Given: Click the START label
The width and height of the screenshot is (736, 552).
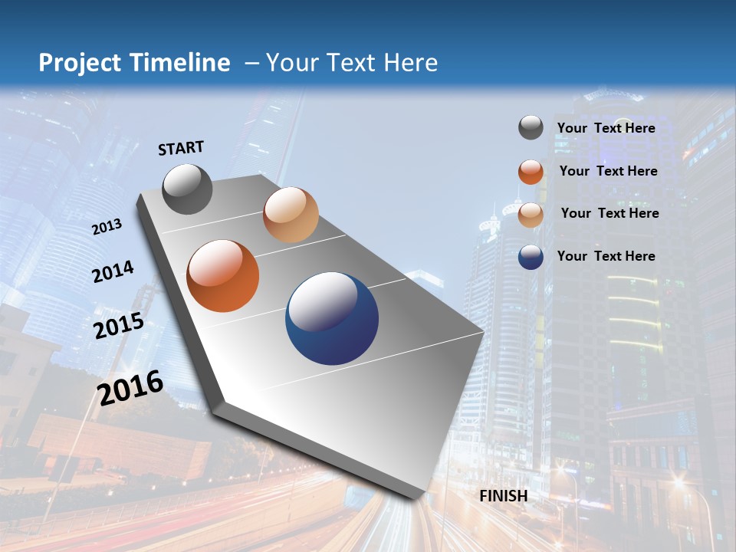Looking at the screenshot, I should tap(181, 148).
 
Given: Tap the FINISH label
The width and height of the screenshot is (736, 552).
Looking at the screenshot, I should tap(503, 496).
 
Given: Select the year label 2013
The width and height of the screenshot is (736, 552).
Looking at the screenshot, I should tap(107, 227).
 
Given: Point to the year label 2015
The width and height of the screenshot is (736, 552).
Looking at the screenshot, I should tap(119, 326).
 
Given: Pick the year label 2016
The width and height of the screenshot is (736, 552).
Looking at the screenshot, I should tap(130, 388).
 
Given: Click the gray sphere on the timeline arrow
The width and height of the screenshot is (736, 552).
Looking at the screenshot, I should tap(187, 189).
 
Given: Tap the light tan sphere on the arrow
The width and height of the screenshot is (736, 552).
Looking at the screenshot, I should tap(291, 215).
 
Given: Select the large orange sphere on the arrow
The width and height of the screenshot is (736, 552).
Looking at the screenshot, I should tap(223, 276).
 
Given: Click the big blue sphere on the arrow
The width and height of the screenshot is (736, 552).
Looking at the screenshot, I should tap(332, 318).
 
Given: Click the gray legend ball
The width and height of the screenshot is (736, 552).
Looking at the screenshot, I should tap(531, 127).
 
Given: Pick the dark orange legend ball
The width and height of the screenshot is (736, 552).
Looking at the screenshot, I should tap(531, 172).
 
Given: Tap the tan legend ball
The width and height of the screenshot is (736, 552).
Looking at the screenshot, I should tap(531, 215).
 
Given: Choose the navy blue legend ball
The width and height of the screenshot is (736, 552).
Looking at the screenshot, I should tap(531, 257).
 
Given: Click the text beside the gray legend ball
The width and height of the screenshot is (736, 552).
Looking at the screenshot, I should tap(606, 128).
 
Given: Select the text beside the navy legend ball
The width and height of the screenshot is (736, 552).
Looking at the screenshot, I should tap(606, 256).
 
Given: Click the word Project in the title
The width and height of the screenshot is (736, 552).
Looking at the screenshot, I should tap(80, 63).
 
